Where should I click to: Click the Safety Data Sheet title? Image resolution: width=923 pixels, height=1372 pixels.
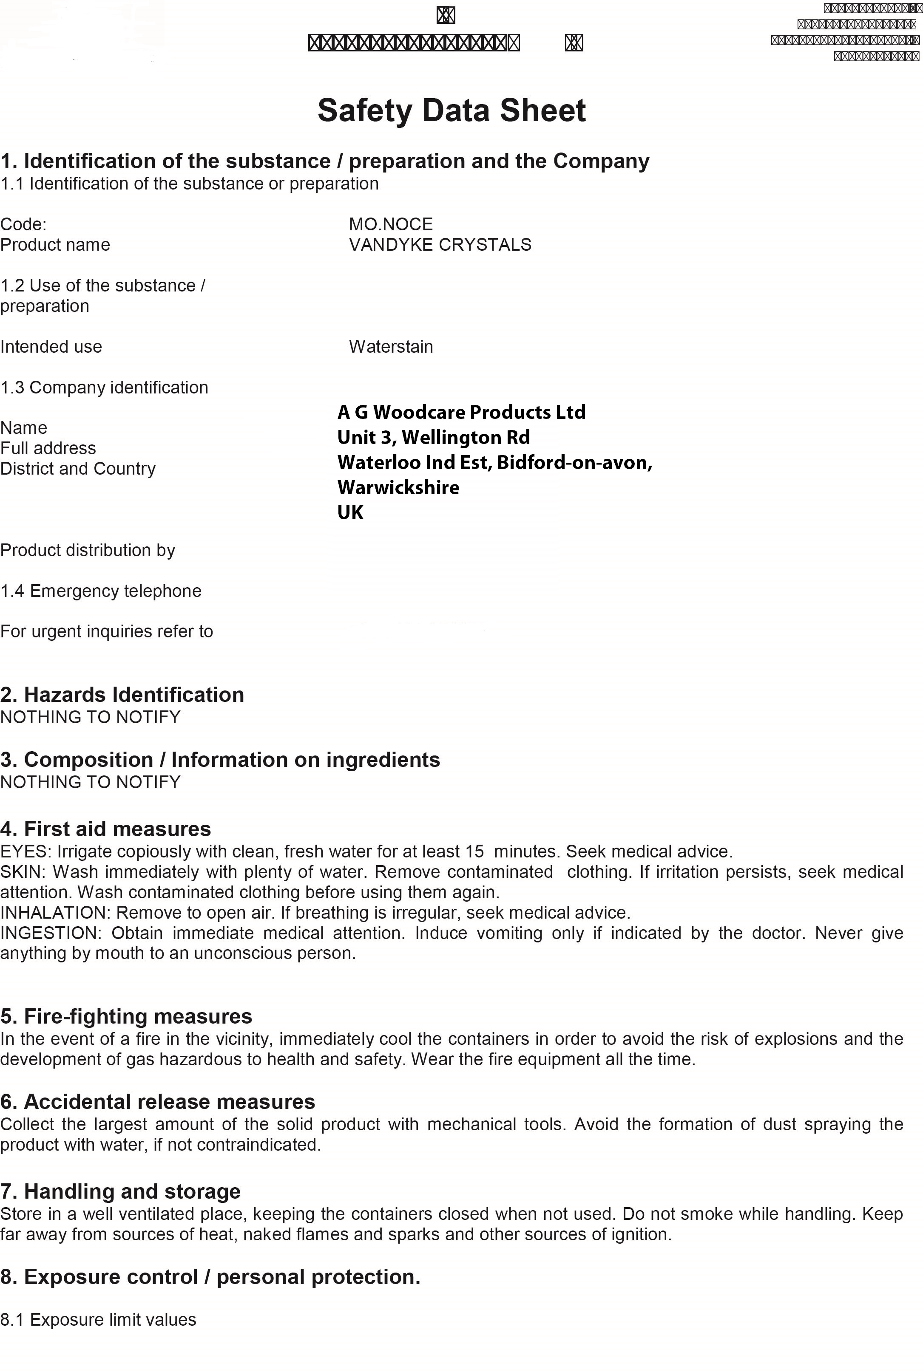coord(452,110)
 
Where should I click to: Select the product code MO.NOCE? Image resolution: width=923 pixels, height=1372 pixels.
coord(391,224)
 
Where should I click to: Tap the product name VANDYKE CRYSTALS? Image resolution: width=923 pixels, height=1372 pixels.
coord(440,245)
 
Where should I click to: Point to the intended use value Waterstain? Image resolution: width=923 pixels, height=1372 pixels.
coord(391,347)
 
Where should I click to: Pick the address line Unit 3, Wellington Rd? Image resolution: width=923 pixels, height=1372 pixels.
coord(433,438)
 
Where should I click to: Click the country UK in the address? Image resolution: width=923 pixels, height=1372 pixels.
coord(350,513)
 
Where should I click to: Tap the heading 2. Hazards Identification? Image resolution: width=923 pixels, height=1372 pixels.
coord(122,695)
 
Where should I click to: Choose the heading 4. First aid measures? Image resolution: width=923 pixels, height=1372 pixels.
coord(105,829)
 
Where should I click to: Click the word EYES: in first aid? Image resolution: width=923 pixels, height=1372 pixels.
coord(26,851)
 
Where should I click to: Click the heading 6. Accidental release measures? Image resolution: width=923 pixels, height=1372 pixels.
coord(157,1102)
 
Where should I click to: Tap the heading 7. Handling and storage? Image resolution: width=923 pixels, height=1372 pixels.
coord(120,1191)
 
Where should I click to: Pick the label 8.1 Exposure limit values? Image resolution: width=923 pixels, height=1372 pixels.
coord(98,1320)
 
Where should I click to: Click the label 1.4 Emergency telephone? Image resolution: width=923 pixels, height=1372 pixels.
coord(101,591)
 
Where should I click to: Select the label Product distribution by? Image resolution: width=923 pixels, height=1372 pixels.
coord(88,550)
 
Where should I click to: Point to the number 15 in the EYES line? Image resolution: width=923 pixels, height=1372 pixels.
coord(474,851)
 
